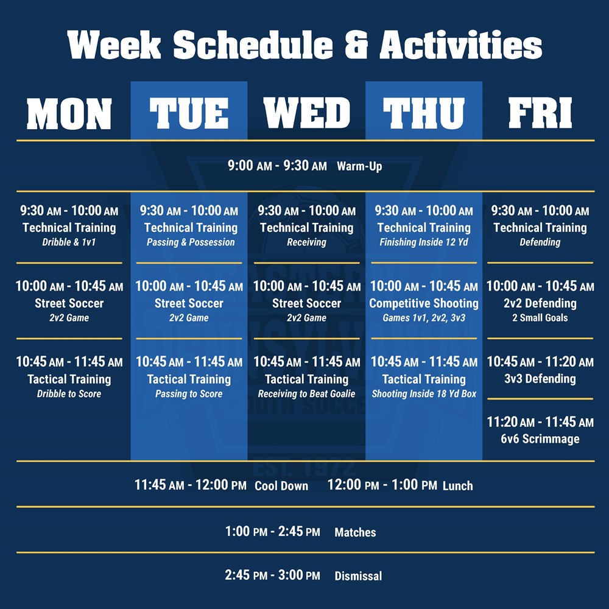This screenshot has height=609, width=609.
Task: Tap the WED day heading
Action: click(306, 113)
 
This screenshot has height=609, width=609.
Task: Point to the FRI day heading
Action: click(540, 113)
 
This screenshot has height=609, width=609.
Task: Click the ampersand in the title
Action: click(356, 45)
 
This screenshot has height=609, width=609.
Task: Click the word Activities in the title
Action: click(460, 45)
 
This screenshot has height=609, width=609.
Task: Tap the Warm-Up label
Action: click(360, 166)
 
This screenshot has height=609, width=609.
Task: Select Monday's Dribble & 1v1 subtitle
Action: click(69, 242)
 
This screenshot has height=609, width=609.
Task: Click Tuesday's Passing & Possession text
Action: click(191, 242)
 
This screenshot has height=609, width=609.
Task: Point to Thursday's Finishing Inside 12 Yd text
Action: click(424, 242)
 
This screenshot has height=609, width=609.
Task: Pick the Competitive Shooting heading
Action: click(424, 303)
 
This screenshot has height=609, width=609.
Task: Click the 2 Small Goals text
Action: click(540, 318)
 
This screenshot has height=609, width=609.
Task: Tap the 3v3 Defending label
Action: click(540, 379)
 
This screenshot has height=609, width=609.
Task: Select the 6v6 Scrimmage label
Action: click(540, 439)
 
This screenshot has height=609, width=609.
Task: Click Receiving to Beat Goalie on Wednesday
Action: click(306, 394)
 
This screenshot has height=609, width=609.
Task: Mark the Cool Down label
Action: click(281, 486)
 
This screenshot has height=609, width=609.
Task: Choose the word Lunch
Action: click(458, 486)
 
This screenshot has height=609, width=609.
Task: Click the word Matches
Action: click(356, 532)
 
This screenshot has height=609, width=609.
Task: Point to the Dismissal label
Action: click(359, 576)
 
